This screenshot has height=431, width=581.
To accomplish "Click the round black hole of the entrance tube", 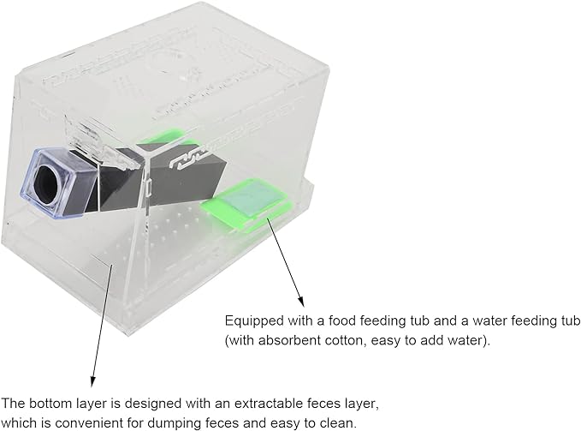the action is [48, 181].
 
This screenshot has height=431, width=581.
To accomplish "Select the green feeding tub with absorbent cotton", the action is [246, 204].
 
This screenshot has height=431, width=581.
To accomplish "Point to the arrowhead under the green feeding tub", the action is [301, 301].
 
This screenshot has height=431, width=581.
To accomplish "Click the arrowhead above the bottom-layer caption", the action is [92, 382].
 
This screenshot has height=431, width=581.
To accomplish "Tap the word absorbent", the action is [290, 340].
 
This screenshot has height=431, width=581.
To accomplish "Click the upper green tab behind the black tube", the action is [169, 136].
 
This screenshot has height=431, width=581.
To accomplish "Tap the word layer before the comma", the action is [361, 404].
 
